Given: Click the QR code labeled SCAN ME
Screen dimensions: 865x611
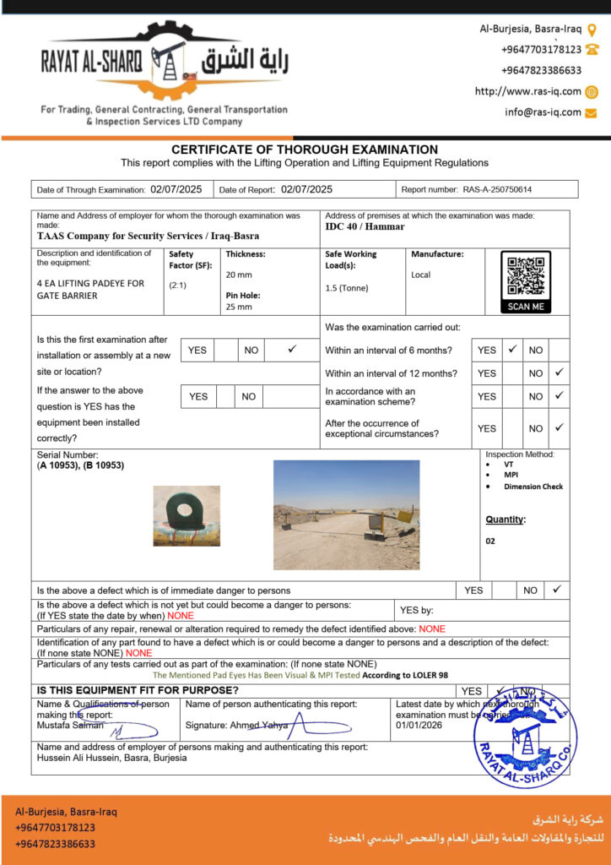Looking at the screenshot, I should [x=525, y=276].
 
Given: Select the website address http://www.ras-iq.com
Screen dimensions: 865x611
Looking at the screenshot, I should [x=527, y=91].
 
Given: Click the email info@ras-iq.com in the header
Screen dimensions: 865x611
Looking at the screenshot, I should [x=543, y=112].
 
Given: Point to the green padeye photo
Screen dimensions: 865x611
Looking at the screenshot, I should [x=186, y=514].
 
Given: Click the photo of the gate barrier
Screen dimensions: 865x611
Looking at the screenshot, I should [x=346, y=514].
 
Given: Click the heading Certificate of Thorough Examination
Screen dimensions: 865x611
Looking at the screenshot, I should [x=305, y=150].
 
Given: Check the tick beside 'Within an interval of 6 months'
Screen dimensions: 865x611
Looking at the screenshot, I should [x=511, y=349].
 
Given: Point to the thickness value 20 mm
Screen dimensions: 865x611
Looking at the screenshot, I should [x=239, y=275].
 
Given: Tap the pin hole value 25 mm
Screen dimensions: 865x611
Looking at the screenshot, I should [x=239, y=307].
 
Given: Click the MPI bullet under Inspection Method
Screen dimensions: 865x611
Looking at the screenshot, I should [x=511, y=475].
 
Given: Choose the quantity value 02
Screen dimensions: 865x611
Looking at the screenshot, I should [x=490, y=541].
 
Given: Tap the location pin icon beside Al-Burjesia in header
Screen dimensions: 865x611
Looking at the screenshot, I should [x=592, y=29].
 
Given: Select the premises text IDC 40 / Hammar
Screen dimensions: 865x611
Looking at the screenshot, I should [x=365, y=226].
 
